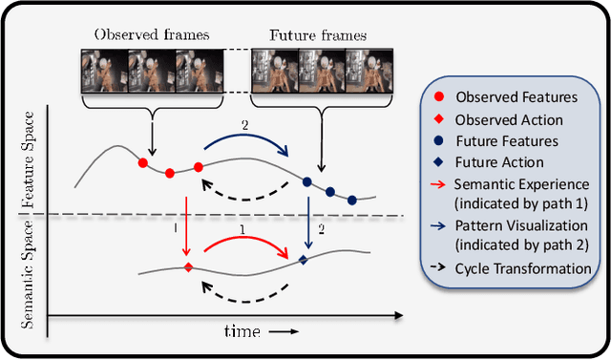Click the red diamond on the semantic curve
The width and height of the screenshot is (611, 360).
[188, 266]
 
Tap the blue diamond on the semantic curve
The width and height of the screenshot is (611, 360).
[304, 259]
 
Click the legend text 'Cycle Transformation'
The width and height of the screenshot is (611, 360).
[522, 268]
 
